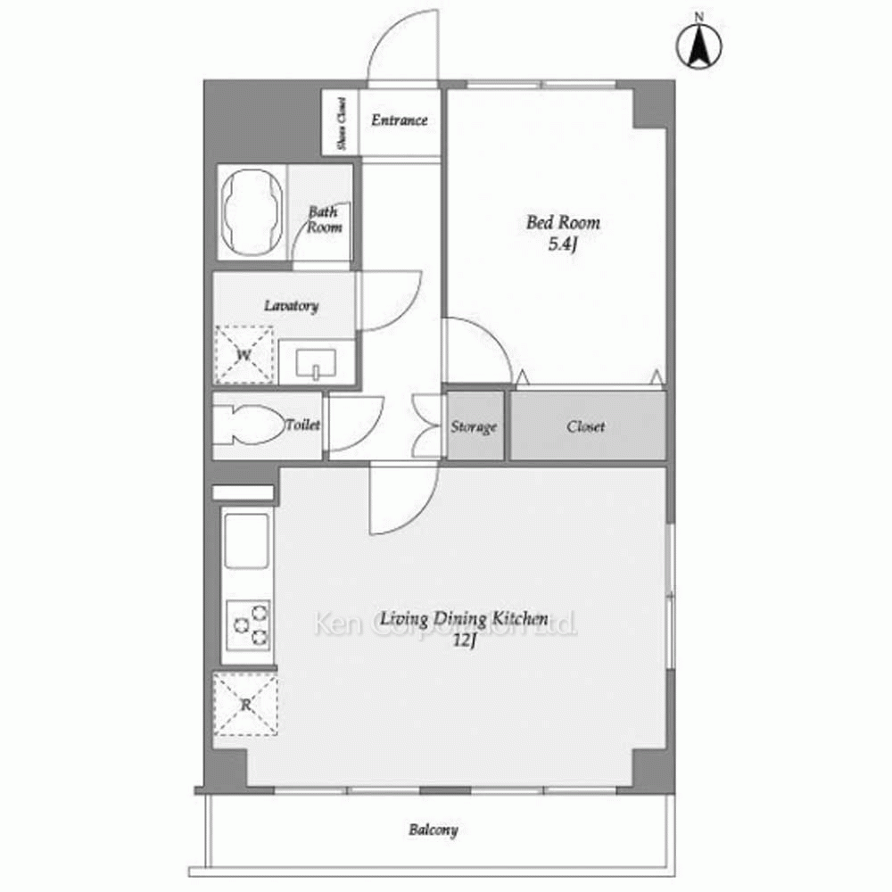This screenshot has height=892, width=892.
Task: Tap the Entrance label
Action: coord(400,120)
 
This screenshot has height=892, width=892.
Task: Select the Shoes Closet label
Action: coord(342,123)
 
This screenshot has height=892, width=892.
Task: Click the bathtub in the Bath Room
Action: coord(252,212)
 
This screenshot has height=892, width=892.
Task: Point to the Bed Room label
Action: coord(563,222)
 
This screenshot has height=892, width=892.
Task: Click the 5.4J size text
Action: coord(563,244)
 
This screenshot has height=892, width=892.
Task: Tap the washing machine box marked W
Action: coord(244,355)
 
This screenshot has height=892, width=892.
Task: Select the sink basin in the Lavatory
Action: coord(316,363)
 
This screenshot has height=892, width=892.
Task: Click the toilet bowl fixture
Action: coord(251,425)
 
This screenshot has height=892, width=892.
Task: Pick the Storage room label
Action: coord(474,426)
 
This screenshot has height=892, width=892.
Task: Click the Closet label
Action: coord(585,426)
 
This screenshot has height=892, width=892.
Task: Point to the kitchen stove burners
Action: coord(248,625)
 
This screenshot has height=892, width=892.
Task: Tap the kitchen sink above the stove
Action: coord(246,541)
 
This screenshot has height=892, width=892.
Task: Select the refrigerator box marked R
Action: coord(245,705)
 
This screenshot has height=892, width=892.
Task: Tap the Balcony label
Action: coord(433,830)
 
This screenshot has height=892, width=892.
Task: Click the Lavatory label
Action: coord(291,306)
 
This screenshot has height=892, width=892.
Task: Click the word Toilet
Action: coord(302,425)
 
